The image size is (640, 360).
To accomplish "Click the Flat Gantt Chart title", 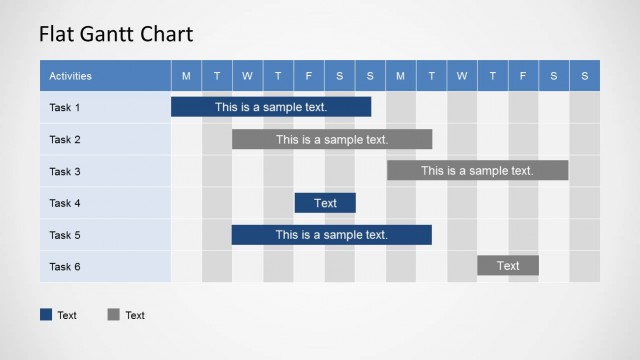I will point(116,34).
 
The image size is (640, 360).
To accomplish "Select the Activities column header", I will point(71,76).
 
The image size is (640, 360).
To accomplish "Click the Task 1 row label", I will point(65,107).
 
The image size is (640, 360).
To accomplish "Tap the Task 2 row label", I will point(65,139).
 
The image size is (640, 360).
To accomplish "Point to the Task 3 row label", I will point(65,171).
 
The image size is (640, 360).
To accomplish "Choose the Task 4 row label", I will point(65,203).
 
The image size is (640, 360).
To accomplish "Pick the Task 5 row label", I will point(65,235).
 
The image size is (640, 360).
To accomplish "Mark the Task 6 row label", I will point(65,267).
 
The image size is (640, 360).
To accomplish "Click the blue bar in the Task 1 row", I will point(271,107).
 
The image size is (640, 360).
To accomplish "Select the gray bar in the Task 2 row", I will point(332,139).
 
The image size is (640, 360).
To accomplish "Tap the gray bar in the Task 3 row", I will point(478,171).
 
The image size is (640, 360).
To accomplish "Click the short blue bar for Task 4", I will point(325,203).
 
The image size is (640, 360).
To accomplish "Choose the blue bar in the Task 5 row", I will point(332,235).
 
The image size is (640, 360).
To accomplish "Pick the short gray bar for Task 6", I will point(508,266).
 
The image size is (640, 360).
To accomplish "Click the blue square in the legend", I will point(46,315).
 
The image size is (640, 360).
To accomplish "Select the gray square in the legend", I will point(113,315).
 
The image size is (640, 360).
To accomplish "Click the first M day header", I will point(186,76).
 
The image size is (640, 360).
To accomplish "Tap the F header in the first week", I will point(309,76).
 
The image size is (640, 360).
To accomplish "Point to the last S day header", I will point(585,76).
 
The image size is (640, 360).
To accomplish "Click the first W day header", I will point(247,76).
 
